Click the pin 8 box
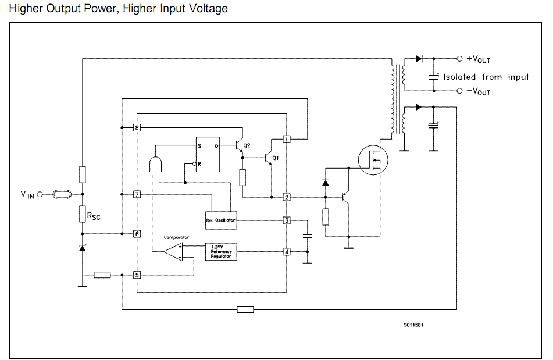(x=137, y=127)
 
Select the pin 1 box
(x=287, y=139)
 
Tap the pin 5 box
(x=137, y=275)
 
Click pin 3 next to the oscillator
(x=287, y=220)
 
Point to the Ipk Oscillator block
(x=222, y=220)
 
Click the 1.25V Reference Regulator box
(x=222, y=252)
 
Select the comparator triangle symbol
(x=173, y=251)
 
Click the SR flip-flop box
(x=208, y=155)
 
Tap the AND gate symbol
(x=156, y=164)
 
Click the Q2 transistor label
(x=247, y=145)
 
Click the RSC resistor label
(x=94, y=216)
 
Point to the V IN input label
(x=27, y=195)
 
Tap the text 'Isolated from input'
(x=486, y=77)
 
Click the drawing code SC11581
(x=413, y=325)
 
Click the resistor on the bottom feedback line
(x=245, y=309)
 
